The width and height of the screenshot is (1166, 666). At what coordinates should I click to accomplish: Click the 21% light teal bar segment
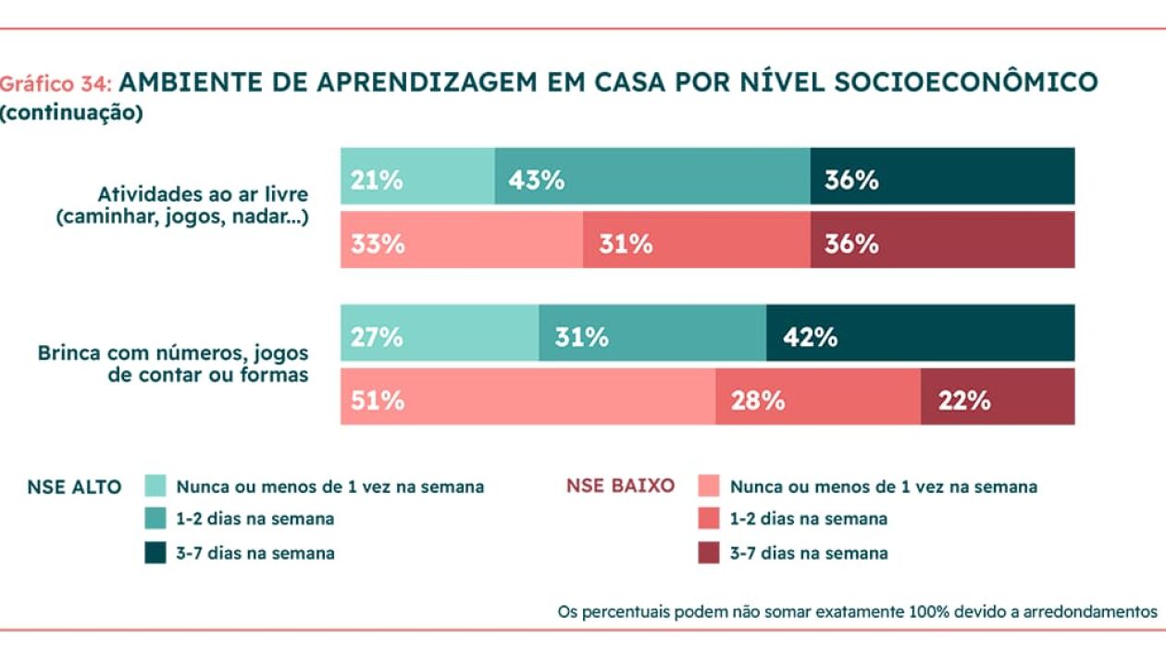(417, 176)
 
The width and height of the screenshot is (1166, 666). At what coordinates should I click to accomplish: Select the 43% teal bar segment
(652, 176)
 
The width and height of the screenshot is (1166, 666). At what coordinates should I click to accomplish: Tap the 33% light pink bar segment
(462, 240)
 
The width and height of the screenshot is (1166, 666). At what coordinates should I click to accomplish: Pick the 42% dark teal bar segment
(920, 333)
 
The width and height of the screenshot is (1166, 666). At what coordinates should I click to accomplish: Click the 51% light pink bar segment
(528, 397)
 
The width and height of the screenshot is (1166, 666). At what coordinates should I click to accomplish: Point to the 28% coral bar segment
(818, 397)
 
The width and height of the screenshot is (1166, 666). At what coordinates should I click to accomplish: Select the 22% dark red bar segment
(998, 397)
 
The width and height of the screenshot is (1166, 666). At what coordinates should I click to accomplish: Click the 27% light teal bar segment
(440, 333)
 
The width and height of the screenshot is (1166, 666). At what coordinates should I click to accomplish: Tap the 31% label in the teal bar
(581, 337)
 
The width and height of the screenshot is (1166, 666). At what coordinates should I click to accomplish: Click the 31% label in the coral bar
(626, 244)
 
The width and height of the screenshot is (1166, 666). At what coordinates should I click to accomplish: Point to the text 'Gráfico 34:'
(56, 84)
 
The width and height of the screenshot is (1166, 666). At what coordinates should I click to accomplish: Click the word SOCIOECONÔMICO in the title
(966, 81)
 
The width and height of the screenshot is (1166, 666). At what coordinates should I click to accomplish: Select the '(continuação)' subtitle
(71, 113)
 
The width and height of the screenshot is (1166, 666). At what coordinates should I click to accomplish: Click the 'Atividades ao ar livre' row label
(203, 194)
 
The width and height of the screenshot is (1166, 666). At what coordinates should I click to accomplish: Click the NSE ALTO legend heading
(74, 487)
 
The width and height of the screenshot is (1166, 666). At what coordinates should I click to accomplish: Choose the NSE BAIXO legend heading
(620, 486)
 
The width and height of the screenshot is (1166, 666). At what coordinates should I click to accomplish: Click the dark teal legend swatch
(155, 552)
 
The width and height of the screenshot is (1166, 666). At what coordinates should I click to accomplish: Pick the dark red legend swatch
(709, 552)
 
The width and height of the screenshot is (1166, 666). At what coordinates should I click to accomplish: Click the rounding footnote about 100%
(857, 612)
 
